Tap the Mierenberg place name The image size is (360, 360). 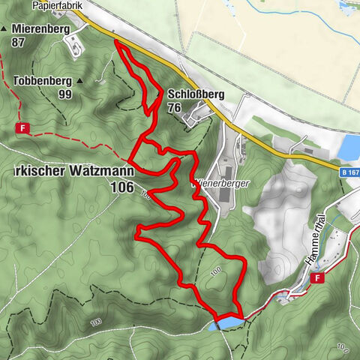[x=40, y=29]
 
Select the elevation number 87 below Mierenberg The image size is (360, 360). [x=19, y=42]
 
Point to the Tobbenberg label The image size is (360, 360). [x=42, y=80]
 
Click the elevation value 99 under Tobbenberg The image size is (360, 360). [x=65, y=94]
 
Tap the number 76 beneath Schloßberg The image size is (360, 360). [x=175, y=108]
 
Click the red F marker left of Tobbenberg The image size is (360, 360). [x=23, y=128]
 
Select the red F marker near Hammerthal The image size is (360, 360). [x=320, y=278]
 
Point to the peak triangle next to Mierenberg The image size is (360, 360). [x=4, y=29]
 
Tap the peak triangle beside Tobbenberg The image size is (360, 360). [x=80, y=80]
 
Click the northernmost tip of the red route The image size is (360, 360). [x=116, y=41]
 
